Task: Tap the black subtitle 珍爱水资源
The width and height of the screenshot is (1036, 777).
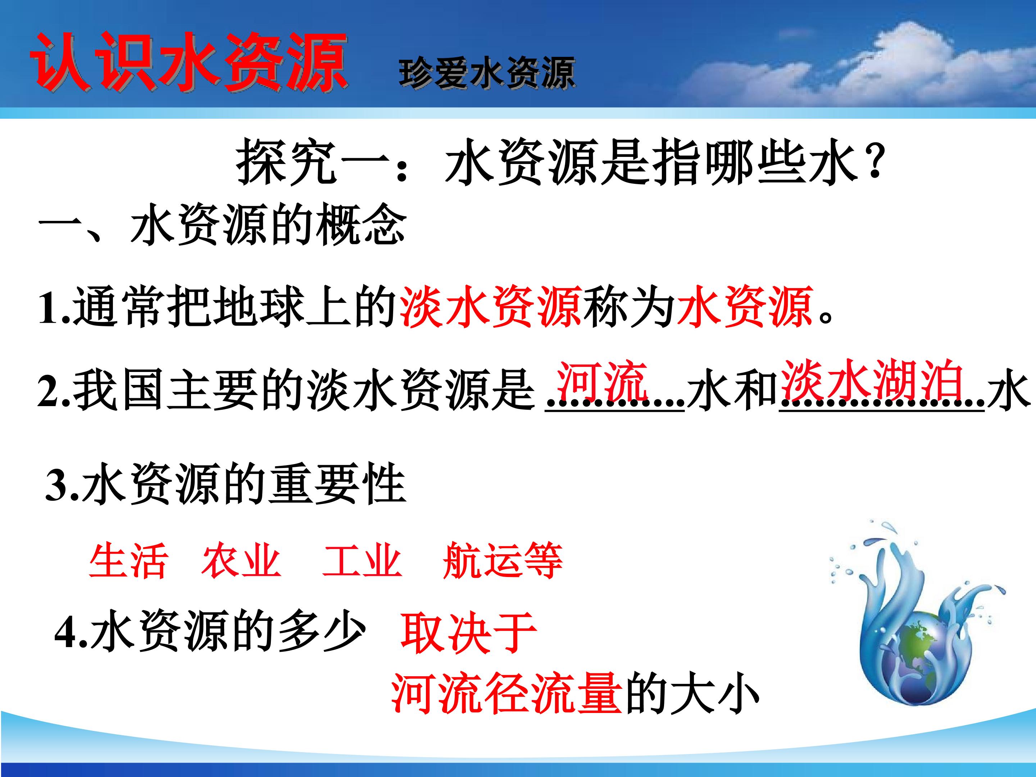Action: (x=487, y=73)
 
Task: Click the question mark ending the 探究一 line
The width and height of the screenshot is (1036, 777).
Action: (x=873, y=162)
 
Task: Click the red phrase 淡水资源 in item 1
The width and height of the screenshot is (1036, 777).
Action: (x=491, y=307)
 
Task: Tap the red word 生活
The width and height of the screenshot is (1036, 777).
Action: (x=127, y=560)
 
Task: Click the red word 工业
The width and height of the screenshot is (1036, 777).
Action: (x=362, y=560)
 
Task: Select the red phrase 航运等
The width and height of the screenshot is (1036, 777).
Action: (x=502, y=560)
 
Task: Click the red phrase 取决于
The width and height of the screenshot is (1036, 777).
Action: (x=468, y=634)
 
